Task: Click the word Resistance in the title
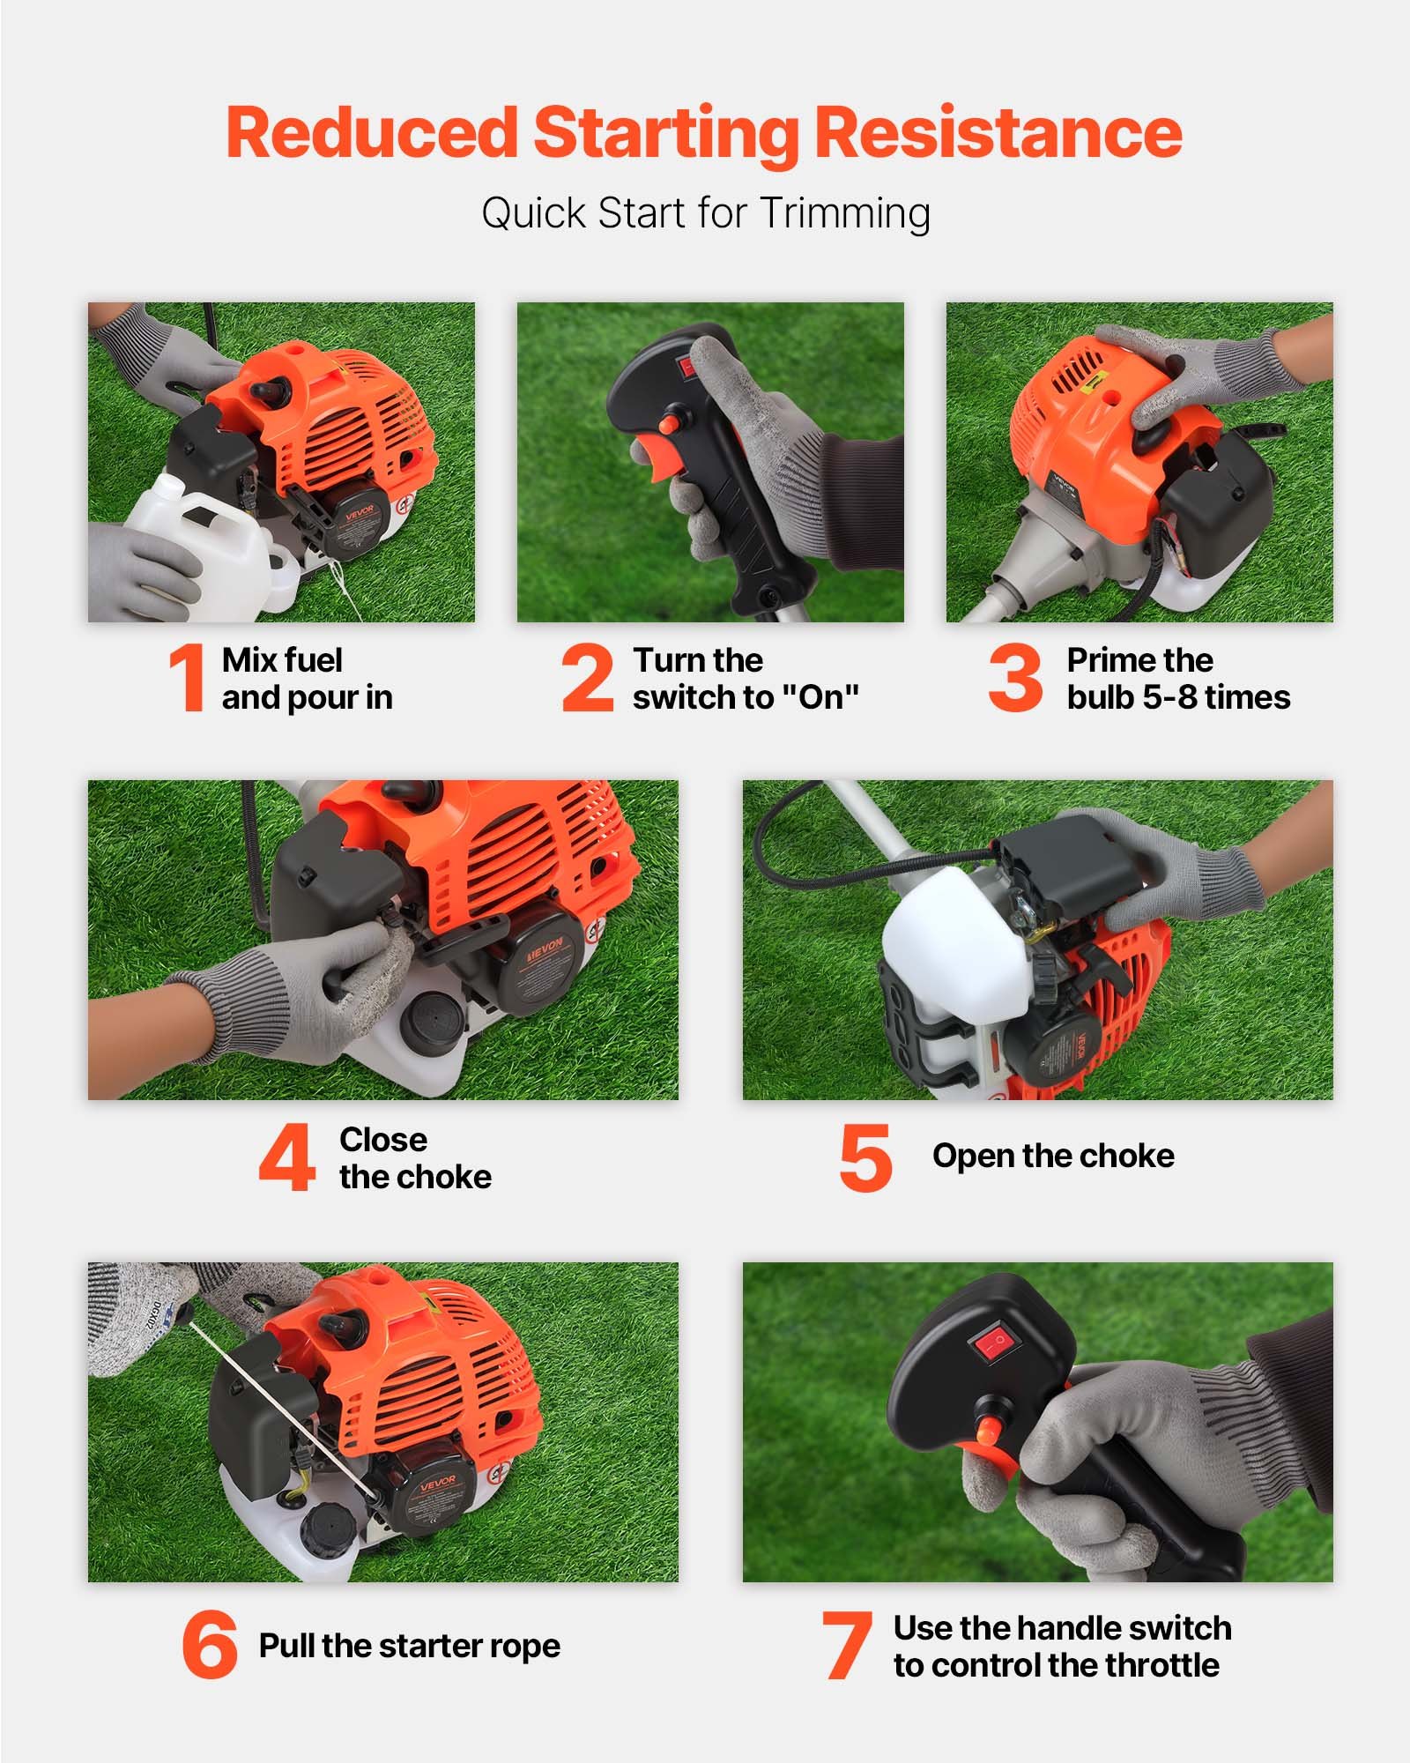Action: [x=997, y=132]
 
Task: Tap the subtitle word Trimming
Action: [x=845, y=213]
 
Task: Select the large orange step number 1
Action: [x=187, y=677]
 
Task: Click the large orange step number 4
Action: [x=287, y=1157]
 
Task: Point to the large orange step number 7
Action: [x=846, y=1645]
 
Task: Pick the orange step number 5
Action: [x=865, y=1157]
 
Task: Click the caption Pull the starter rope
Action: [x=409, y=1645]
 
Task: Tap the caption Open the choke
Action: [x=1053, y=1156]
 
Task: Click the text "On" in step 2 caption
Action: [x=820, y=697]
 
